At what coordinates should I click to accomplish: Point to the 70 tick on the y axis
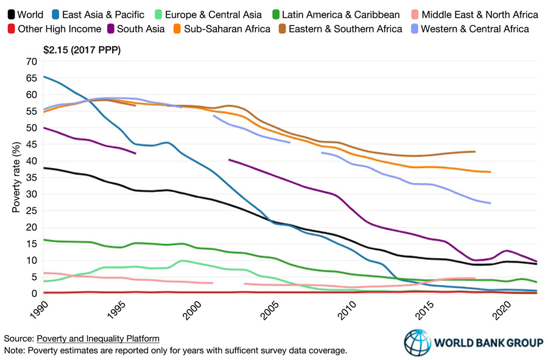(31, 62)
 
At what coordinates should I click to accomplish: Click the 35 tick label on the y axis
(31, 177)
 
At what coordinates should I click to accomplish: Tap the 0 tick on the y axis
(33, 294)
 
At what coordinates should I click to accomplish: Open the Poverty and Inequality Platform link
(99, 339)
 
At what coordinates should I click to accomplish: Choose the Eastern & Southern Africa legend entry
(345, 29)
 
